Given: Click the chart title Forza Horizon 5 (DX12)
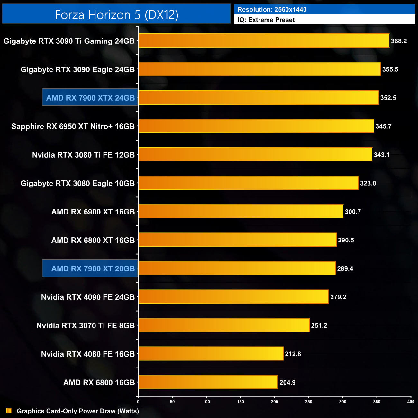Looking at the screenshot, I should tap(116, 15).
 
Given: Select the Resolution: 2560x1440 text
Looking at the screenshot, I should tap(272, 9).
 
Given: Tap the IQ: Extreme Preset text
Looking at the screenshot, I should tap(266, 20).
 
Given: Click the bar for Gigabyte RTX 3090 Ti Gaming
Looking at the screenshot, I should tap(264, 41).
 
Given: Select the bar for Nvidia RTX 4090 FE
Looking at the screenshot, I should tap(233, 297).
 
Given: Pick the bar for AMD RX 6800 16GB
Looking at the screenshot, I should tap(208, 382).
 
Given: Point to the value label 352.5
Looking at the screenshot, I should tap(388, 98).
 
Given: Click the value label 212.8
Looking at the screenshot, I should tap(293, 354).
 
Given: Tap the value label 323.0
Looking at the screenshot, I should tap(368, 183).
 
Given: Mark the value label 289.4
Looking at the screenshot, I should tap(345, 268).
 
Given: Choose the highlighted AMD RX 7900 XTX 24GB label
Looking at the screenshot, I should tap(90, 98).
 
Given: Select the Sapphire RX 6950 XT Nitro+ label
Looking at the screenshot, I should tap(73, 126).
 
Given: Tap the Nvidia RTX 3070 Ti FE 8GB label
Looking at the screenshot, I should tap(86, 325).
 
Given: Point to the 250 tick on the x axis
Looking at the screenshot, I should tap(309, 401).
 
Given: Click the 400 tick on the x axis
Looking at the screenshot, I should tap(411, 401).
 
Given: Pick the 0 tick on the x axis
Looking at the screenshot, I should tap(138, 401).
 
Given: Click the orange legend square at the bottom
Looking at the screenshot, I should tap(9, 411).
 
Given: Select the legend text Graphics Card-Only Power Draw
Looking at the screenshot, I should tap(78, 411).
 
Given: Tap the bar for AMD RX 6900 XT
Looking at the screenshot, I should tap(241, 212).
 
